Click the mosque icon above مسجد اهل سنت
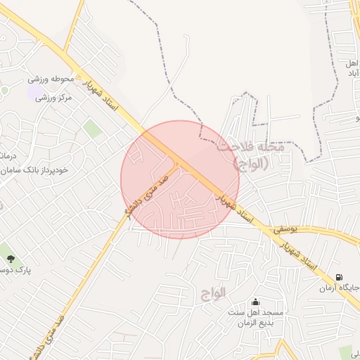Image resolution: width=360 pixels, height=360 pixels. click(255, 302)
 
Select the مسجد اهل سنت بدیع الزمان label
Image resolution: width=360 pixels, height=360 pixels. click(255, 316)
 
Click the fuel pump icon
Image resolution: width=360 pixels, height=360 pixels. click(340, 278)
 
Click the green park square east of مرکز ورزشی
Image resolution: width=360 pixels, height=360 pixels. click(92, 129)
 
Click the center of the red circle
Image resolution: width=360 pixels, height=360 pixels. click(180, 179)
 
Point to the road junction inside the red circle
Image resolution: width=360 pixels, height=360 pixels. click(179, 164)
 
